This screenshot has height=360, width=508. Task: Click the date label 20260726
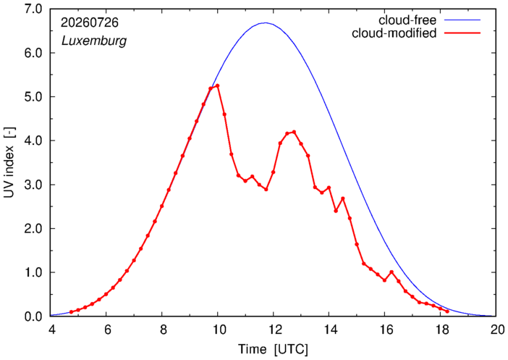pyautogui.click(x=90, y=22)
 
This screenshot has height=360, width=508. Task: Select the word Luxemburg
pyautogui.click(x=94, y=41)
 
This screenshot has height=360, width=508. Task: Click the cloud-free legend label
pyautogui.click(x=407, y=20)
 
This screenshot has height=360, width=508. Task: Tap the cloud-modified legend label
pyautogui.click(x=394, y=33)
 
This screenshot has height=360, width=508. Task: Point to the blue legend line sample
pyautogui.click(x=462, y=20)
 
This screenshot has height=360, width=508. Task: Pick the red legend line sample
pyautogui.click(x=462, y=33)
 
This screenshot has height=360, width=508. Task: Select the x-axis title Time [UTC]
pyautogui.click(x=273, y=350)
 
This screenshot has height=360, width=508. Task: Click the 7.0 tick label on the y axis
pyautogui.click(x=33, y=9)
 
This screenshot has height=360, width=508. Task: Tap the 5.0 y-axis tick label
pyautogui.click(x=33, y=96)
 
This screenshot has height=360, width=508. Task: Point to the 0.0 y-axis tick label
pyautogui.click(x=33, y=317)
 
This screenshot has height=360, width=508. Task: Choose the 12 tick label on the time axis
pyautogui.click(x=274, y=330)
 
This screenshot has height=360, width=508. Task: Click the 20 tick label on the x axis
pyautogui.click(x=496, y=330)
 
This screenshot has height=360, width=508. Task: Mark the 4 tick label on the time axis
pyautogui.click(x=51, y=330)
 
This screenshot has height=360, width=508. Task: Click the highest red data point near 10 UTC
pyautogui.click(x=217, y=85)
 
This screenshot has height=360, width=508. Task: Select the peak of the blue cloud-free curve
pyautogui.click(x=266, y=22)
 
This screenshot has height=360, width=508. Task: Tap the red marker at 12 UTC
pyautogui.click(x=273, y=172)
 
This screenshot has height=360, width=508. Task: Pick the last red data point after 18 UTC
pyautogui.click(x=447, y=311)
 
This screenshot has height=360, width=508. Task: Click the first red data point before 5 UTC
pyautogui.click(x=71, y=312)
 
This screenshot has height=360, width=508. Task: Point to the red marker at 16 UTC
pyautogui.click(x=384, y=280)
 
